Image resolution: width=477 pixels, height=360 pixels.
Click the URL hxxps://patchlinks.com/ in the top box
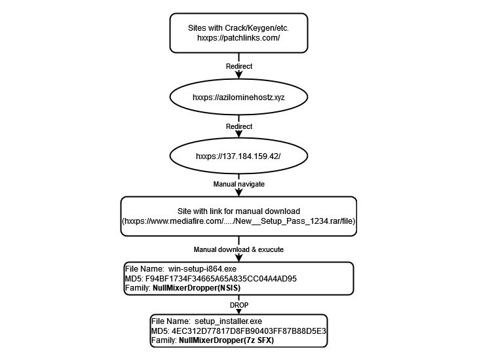(x=238, y=39)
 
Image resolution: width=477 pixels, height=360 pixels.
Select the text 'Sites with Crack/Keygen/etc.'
(x=238, y=28)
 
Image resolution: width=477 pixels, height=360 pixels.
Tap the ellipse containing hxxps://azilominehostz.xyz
(x=238, y=96)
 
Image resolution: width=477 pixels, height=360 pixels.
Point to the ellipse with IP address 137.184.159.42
(x=238, y=157)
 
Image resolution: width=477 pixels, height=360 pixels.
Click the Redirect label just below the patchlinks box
(x=238, y=66)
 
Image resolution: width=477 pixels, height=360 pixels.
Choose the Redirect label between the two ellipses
(x=238, y=126)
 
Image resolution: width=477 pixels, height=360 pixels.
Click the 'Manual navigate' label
(x=238, y=184)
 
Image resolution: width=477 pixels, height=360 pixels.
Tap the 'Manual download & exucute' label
(x=238, y=249)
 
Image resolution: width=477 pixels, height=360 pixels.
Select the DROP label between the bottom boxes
(x=238, y=304)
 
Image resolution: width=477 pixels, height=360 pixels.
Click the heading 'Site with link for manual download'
(x=238, y=211)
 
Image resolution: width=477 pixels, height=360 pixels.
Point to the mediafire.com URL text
(x=238, y=222)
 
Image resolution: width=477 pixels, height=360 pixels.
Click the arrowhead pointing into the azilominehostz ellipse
(x=238, y=79)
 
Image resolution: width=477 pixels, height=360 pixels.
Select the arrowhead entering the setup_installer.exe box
(x=238, y=312)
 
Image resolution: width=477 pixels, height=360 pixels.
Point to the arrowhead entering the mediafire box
(x=238, y=192)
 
